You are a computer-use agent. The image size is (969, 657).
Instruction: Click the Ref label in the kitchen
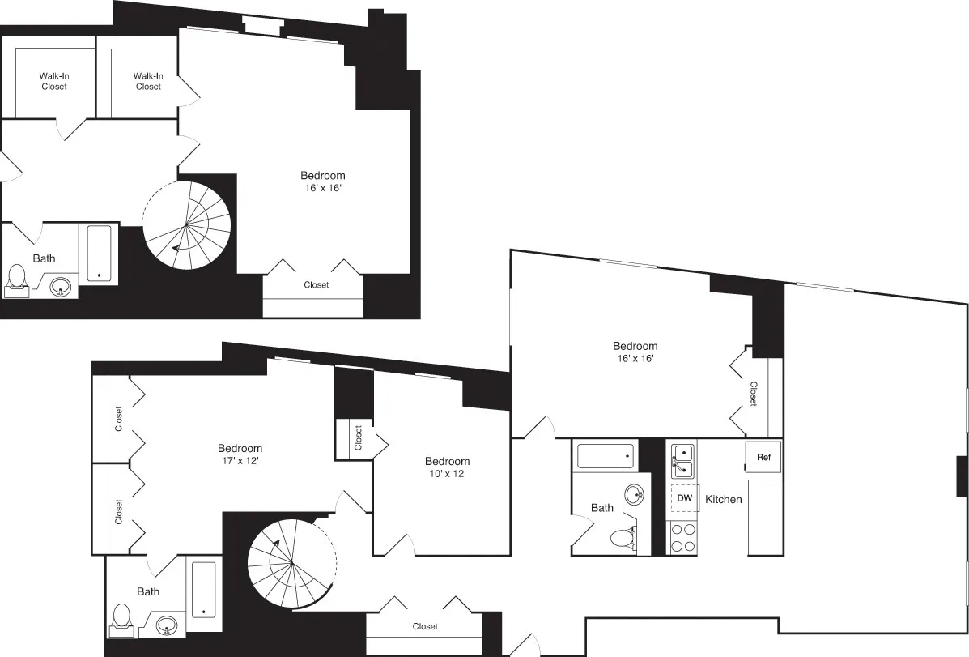(x=763, y=457)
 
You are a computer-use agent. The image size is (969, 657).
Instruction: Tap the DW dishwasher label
(x=684, y=498)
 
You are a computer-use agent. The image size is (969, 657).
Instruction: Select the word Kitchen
(x=723, y=499)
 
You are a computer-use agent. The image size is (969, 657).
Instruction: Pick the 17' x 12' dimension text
(x=240, y=460)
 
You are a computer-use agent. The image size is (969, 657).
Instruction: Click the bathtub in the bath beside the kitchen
(x=606, y=458)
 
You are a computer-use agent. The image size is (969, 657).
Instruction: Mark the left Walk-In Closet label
(x=54, y=81)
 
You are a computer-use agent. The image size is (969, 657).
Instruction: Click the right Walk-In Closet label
(x=148, y=81)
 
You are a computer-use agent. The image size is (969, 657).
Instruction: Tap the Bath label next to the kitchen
(x=601, y=508)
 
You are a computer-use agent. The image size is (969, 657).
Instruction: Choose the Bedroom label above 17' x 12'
(x=240, y=448)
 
